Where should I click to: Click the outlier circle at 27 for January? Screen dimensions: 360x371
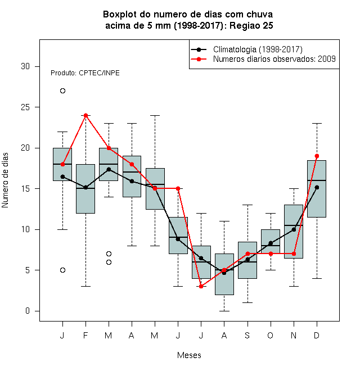coord(62,91)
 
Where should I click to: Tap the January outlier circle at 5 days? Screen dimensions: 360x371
coord(62,270)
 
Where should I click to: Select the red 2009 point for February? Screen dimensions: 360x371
coord(85,115)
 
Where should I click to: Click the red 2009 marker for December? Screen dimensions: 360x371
coord(317,156)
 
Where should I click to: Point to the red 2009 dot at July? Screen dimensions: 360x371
coord(201,287)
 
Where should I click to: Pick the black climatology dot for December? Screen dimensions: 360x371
coord(317,187)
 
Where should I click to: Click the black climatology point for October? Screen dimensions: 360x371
coord(271,243)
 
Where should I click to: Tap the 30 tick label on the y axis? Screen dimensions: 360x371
coord(25,66)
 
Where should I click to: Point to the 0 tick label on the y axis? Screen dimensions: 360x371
coord(28,311)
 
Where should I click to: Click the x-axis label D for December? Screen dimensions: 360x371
coord(317,336)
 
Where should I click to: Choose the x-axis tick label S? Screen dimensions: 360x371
coord(247,336)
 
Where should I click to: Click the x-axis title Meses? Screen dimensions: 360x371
coord(189,355)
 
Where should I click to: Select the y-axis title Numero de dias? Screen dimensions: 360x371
coord(5,180)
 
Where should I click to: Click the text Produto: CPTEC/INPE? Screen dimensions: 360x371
coord(85,73)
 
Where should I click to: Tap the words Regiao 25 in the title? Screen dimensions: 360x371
coord(251,25)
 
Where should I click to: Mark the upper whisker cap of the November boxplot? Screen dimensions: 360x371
coord(294,189)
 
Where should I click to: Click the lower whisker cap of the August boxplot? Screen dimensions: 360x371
coord(224,311)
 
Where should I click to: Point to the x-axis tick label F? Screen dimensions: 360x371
coord(85,336)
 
